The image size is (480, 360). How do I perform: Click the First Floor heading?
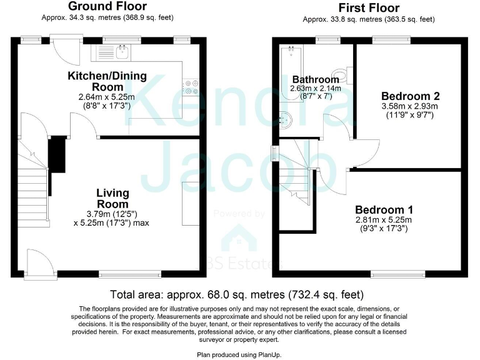(x=368, y=8)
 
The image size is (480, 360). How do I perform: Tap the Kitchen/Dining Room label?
(x=107, y=81)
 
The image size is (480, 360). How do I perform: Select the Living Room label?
(x=112, y=198)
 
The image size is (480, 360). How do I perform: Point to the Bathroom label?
(x=316, y=79)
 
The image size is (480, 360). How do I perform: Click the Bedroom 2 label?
(x=411, y=96)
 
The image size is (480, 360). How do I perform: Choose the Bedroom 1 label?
(x=384, y=209)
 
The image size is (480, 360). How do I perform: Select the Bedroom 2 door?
(x=365, y=147)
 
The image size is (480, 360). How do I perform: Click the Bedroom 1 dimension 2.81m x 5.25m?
(x=384, y=220)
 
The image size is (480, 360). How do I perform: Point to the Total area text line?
(x=237, y=294)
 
